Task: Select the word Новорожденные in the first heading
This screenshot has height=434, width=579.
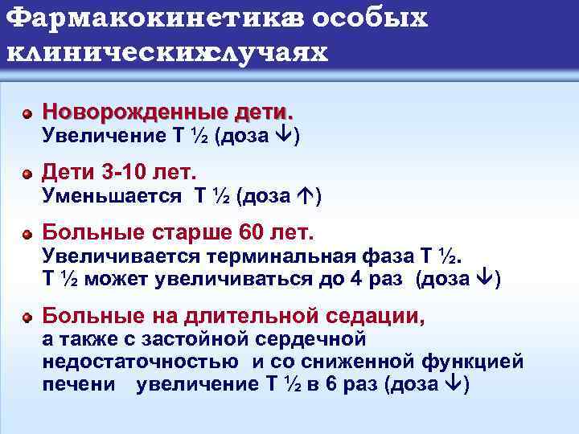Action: [129, 109]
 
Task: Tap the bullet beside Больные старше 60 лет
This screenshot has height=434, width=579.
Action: [27, 235]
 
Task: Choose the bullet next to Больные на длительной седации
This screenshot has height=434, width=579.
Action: [27, 318]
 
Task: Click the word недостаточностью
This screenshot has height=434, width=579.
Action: [139, 362]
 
